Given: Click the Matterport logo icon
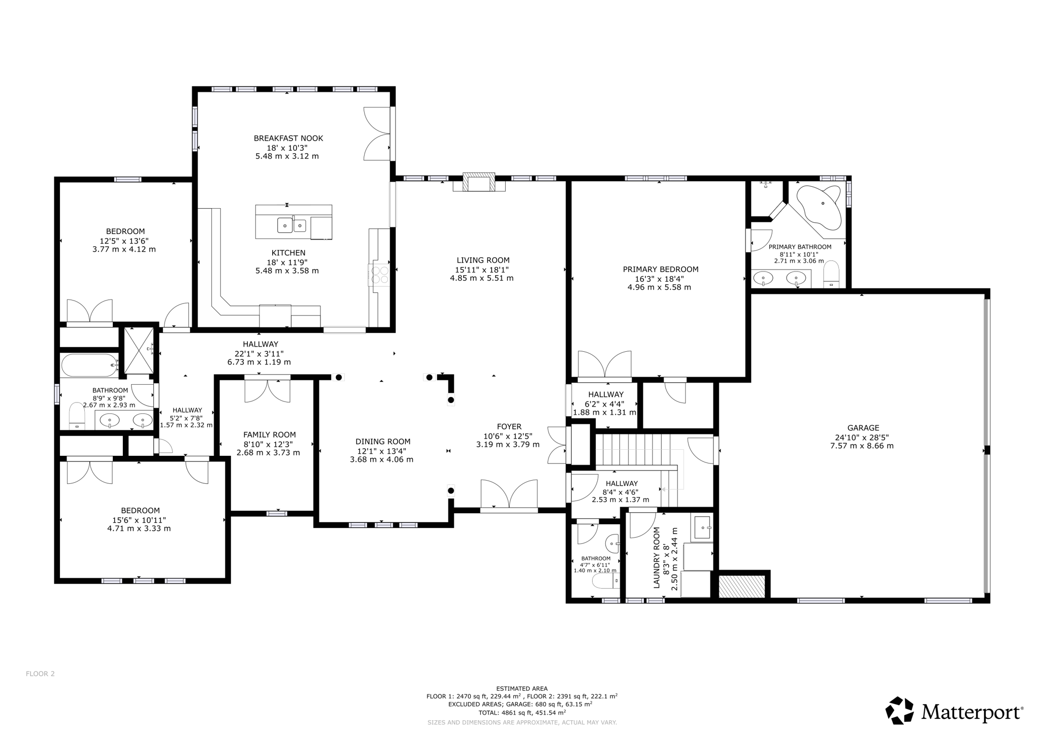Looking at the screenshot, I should pos(899,710).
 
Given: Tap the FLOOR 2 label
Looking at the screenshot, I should pos(40,674).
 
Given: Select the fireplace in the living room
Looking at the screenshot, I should pos(479,183).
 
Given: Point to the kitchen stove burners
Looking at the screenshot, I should pos(379,275).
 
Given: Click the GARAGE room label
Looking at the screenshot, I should pos(863,428).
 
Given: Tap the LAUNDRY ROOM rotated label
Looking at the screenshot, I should pos(657,557).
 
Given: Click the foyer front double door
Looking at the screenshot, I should pos(509,494).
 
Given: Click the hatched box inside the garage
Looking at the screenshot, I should pos(742,586).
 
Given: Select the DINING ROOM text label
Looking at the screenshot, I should pos(382,442).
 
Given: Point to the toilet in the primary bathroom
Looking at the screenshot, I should pos(831,275).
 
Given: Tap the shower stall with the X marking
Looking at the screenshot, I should pos(139,350).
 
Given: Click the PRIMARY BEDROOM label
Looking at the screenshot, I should pos(660,270).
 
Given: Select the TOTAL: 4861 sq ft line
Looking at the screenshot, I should pos(522,713).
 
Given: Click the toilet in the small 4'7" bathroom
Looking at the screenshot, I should pos(604,580).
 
